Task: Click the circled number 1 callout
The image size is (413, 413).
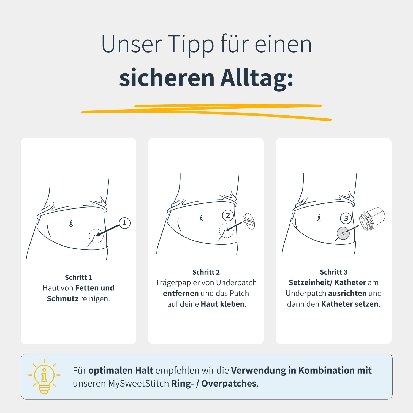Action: tap(124, 223)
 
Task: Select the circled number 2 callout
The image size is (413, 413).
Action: tap(228, 215)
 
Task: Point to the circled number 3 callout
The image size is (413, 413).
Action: tap(346, 218)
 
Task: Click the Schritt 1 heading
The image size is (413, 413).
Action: tap(78, 277)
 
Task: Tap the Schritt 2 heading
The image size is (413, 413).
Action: tap(206, 272)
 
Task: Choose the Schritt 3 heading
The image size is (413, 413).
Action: tap(334, 272)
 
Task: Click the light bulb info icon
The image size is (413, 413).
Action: tap(44, 376)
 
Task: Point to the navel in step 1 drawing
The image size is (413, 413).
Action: tap(71, 223)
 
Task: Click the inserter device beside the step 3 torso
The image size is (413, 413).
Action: tap(372, 219)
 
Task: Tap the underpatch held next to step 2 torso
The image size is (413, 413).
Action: tap(249, 221)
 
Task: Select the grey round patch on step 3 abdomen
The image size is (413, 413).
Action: tap(343, 233)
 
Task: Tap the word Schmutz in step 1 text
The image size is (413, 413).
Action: tap(63, 298)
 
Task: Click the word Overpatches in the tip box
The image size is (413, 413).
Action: tap(229, 384)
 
